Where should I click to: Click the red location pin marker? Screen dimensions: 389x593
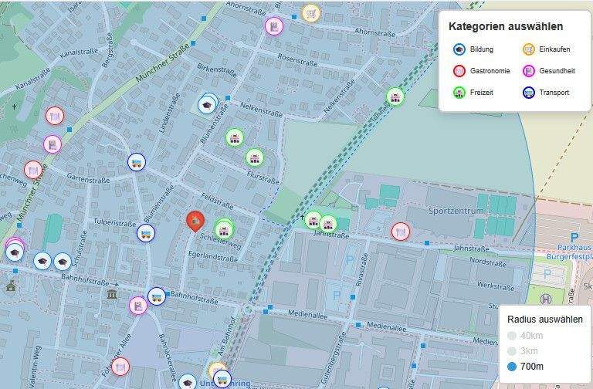[x=196, y=221]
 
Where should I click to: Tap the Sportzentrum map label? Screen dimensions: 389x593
[x=456, y=211]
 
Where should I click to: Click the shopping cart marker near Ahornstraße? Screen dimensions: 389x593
[x=310, y=12]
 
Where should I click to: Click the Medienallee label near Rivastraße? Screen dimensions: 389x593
[x=384, y=328]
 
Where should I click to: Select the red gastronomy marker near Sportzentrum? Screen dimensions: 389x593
[x=400, y=231]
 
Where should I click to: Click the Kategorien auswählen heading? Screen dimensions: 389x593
[x=506, y=27]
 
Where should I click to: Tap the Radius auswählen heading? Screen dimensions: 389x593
[x=544, y=320]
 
